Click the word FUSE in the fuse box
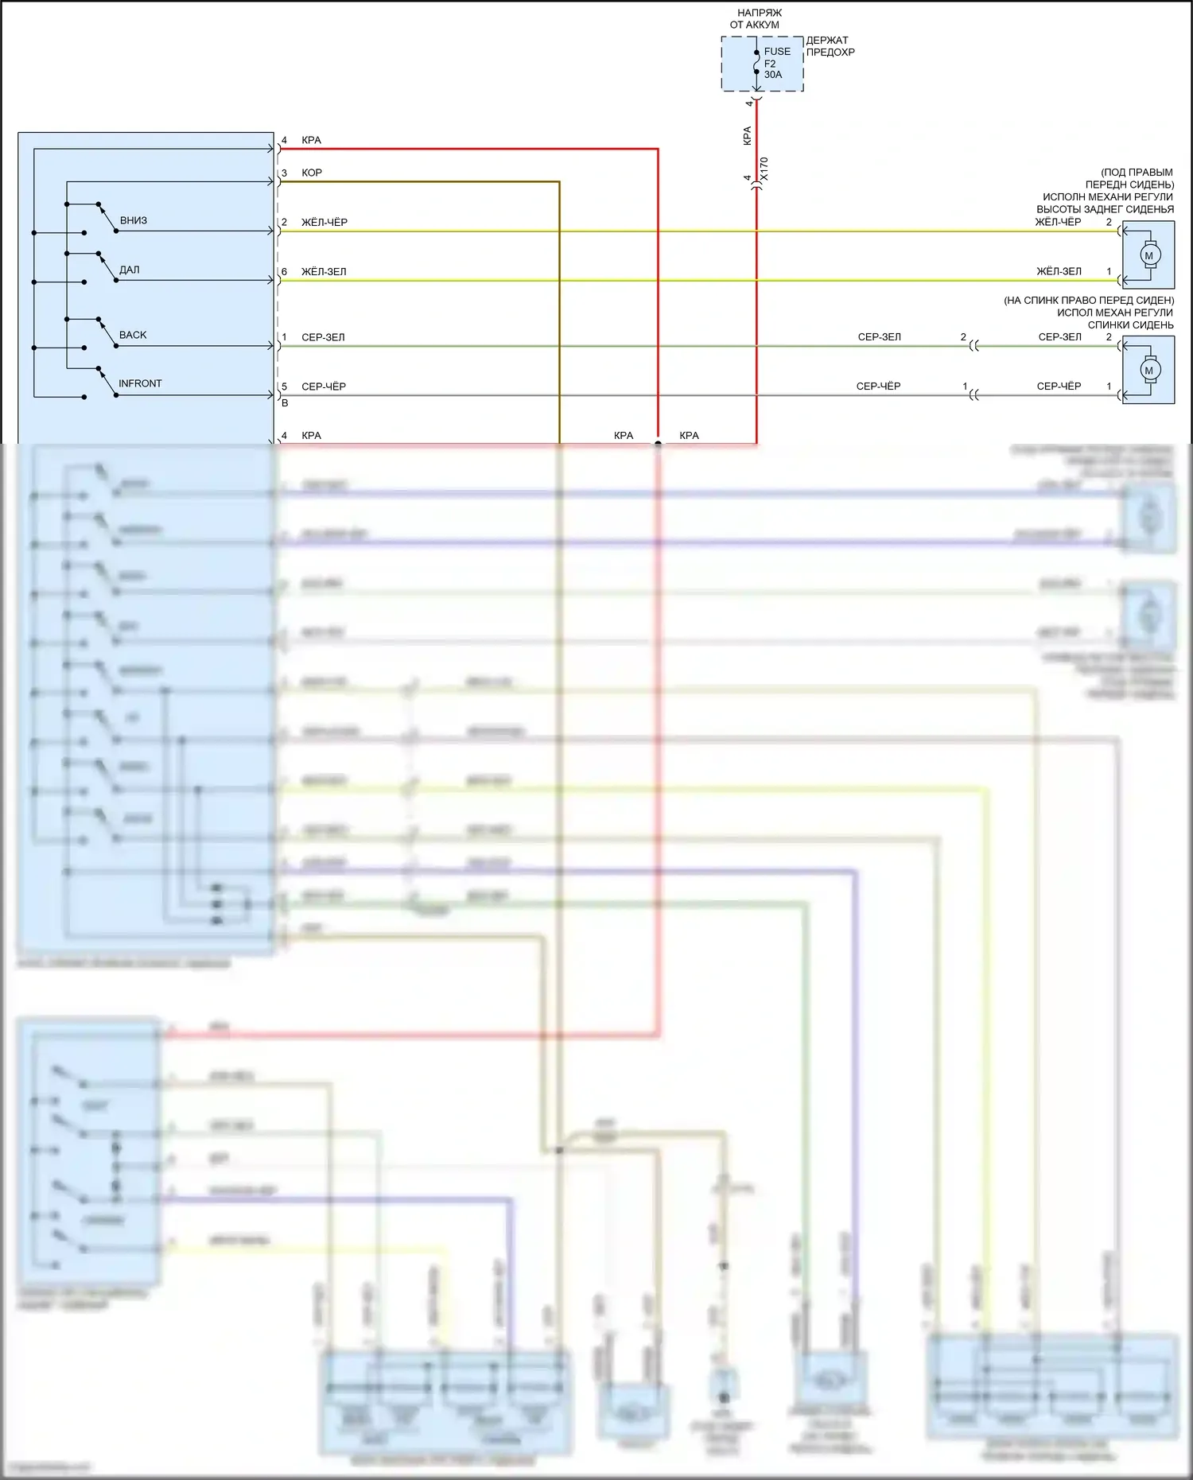coord(777,52)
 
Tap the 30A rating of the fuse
coord(773,75)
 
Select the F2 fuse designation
coord(770,64)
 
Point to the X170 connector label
coord(764,169)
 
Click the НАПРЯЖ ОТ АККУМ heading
coord(757,19)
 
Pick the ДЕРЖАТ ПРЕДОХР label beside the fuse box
coord(830,46)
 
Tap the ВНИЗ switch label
coord(134,220)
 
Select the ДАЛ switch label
coord(130,270)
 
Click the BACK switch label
coord(133,335)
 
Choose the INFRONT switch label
coord(140,383)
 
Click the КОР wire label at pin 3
coord(312,173)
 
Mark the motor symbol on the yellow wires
coord(1148,255)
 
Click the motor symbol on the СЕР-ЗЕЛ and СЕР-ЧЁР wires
coord(1148,370)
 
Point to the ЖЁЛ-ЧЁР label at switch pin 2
coord(324,222)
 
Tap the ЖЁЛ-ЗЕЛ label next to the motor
coord(1059,271)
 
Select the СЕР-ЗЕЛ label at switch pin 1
coord(323,337)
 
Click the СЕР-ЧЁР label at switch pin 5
coord(324,387)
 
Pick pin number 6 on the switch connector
coord(284,271)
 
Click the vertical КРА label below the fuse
coord(747,135)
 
